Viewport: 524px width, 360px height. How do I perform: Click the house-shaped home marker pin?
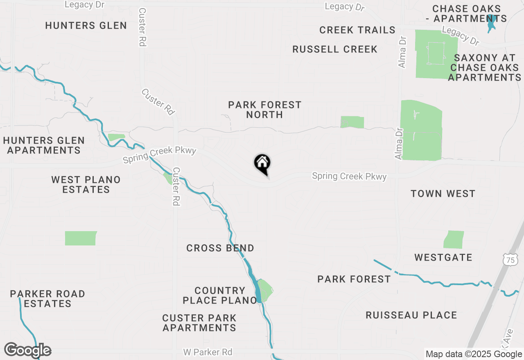pyautogui.click(x=262, y=164)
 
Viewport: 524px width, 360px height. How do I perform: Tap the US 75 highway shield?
pyautogui.click(x=509, y=259)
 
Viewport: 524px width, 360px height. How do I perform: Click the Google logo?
pyautogui.click(x=27, y=350)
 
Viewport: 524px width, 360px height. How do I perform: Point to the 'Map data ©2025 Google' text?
pyautogui.click(x=474, y=354)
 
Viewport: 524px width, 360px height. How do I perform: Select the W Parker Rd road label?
pyautogui.click(x=208, y=352)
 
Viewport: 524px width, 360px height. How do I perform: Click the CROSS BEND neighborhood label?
pyautogui.click(x=220, y=248)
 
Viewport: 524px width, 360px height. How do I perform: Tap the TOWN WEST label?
pyautogui.click(x=443, y=193)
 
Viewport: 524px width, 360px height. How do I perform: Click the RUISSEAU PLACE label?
pyautogui.click(x=411, y=315)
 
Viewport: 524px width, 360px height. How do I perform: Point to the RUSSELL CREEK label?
pyautogui.click(x=335, y=49)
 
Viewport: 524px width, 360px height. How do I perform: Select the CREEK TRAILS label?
pyautogui.click(x=357, y=30)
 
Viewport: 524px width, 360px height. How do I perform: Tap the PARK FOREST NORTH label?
pyautogui.click(x=264, y=110)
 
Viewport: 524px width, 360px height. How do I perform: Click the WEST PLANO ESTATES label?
pyautogui.click(x=86, y=184)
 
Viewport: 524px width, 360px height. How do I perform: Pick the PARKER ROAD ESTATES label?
pyautogui.click(x=47, y=299)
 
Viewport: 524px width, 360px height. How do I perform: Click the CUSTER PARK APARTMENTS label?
pyautogui.click(x=199, y=323)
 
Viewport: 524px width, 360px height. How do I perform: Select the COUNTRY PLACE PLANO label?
pyautogui.click(x=220, y=295)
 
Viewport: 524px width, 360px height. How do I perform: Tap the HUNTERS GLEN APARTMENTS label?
pyautogui.click(x=44, y=145)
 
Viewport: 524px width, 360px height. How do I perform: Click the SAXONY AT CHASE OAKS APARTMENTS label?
pyautogui.click(x=485, y=67)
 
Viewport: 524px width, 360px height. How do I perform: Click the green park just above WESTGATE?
pyautogui.click(x=454, y=240)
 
